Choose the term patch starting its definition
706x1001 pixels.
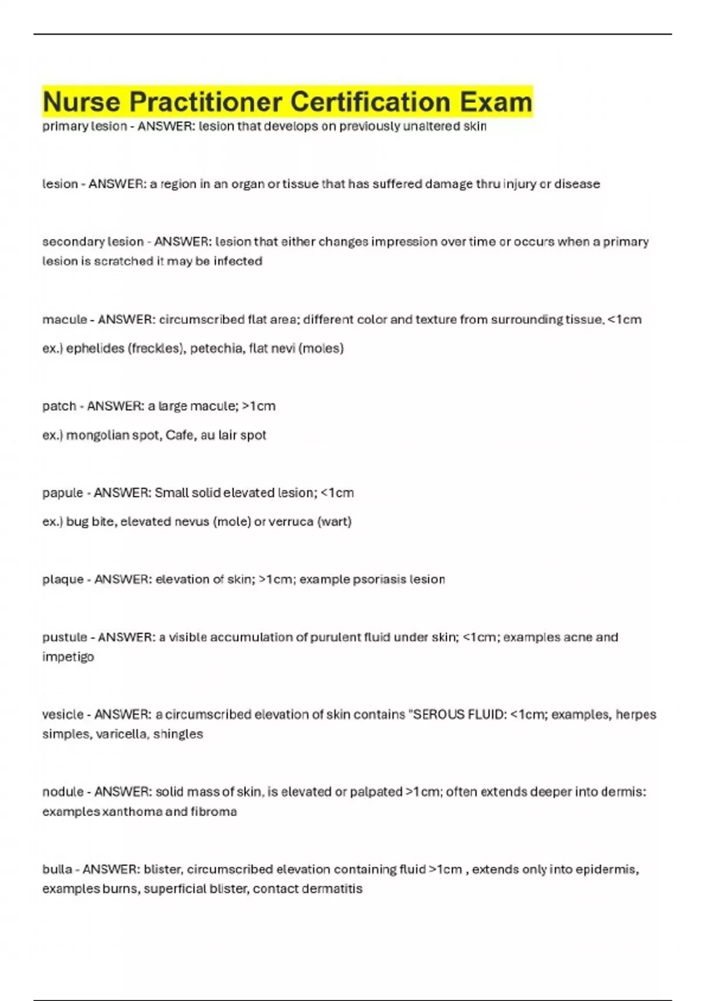59,406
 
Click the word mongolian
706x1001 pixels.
93,435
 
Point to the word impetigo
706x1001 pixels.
68,657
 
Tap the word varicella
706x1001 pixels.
121,734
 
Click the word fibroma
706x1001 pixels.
214,812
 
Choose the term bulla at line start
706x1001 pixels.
57,870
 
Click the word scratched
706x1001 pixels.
124,261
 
